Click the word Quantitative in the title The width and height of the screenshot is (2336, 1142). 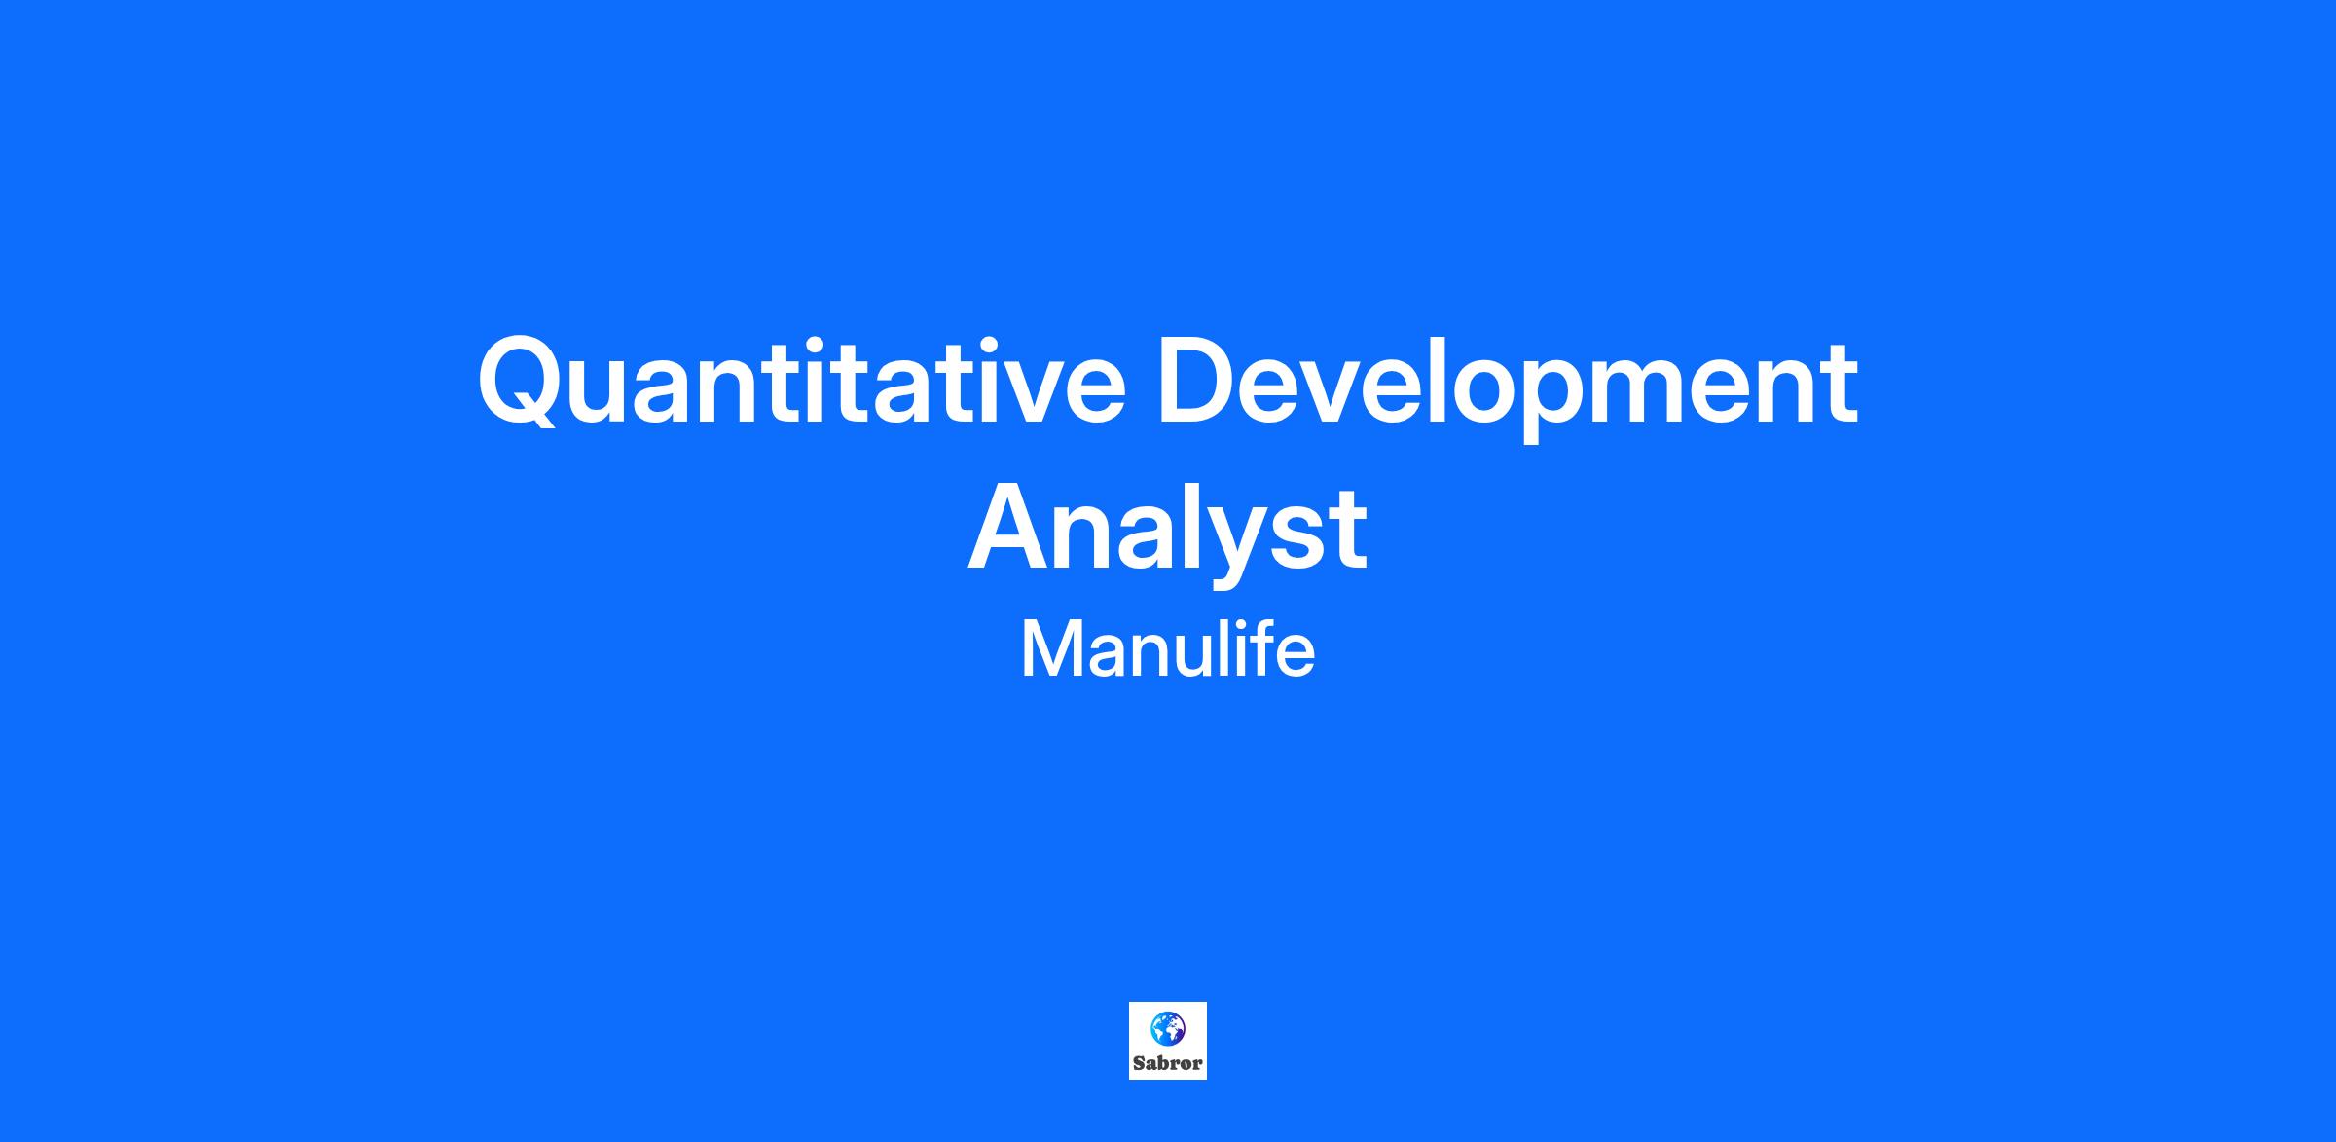point(801,382)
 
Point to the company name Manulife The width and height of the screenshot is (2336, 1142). point(1168,649)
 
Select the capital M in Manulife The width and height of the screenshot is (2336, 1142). point(1046,650)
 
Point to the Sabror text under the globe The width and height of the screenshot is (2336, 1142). point(1168,1063)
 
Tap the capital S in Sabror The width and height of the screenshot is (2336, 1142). point(1138,1063)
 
